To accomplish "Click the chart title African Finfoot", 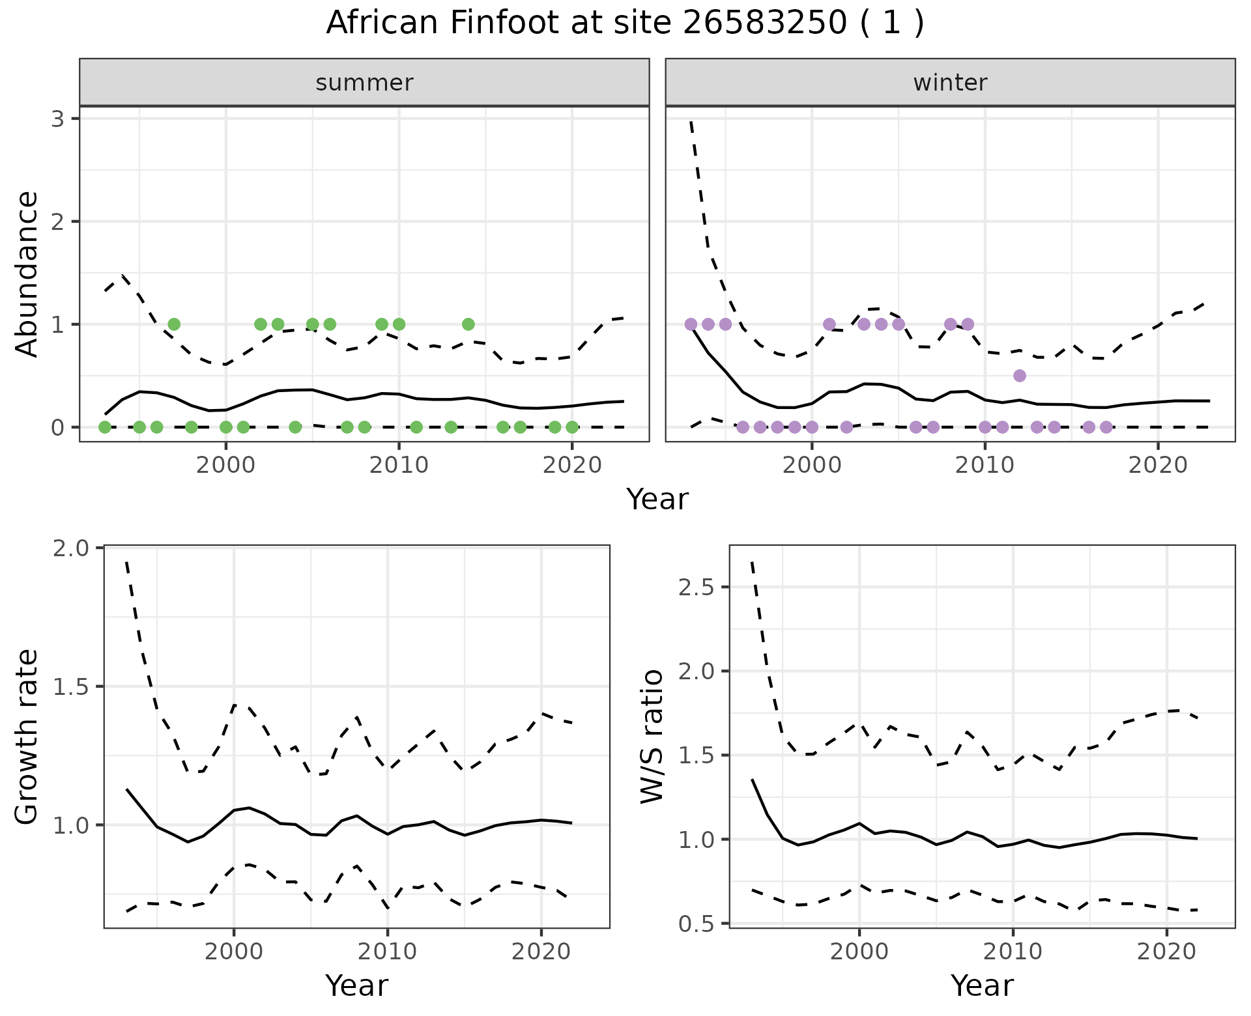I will coord(624,23).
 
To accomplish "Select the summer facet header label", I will coord(364,83).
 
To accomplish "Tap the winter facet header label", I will coord(950,83).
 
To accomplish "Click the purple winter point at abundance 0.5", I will coord(1020,376).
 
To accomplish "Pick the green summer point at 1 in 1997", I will coord(174,324).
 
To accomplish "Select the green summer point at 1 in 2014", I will coord(468,324).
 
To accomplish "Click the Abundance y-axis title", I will coord(27,274).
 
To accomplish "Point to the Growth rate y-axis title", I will coord(27,737).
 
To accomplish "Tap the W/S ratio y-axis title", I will coord(652,737).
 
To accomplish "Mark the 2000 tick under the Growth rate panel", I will coord(234,952).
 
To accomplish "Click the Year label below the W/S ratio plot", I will coord(982,985).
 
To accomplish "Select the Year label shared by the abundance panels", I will coord(657,500).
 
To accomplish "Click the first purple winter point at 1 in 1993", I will coord(691,324).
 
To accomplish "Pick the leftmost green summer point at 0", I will coord(105,427).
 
